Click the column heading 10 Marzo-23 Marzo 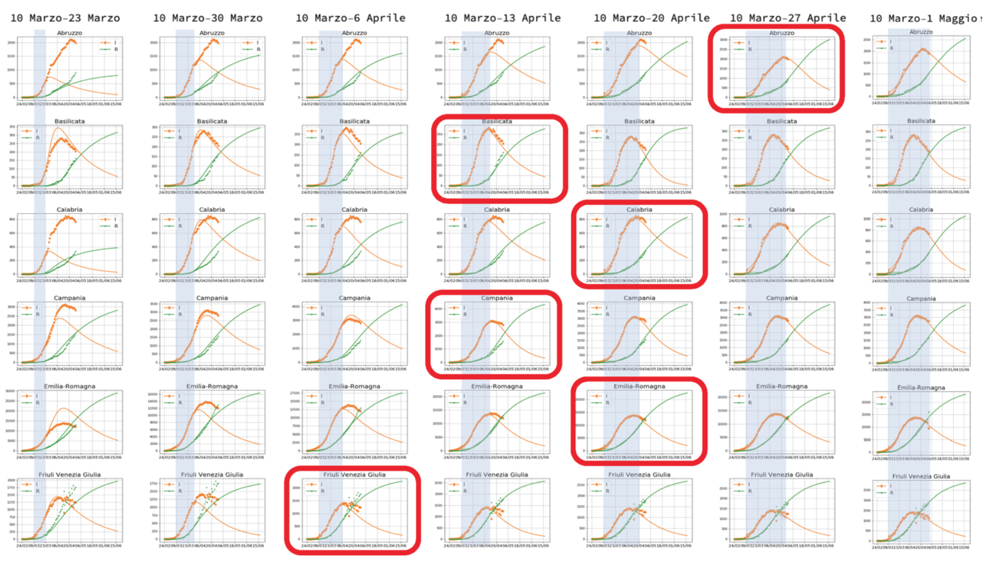pos(65,18)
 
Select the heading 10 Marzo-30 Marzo pos(208,18)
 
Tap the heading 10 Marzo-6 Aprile pos(350,18)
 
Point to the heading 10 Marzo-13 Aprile pos(503,18)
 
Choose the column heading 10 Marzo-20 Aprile pos(652,18)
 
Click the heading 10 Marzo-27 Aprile pos(788,18)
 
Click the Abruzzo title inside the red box pos(782,33)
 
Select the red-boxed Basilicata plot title pos(497,121)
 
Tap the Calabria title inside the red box pos(639,209)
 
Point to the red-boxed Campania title pos(497,298)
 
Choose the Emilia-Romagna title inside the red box pos(639,386)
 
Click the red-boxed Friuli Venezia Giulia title pos(354,475)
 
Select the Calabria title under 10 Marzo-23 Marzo pos(69,209)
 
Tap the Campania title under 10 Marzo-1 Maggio pos(921,299)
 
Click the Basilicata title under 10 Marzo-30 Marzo pos(212,121)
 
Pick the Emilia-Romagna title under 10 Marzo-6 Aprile pos(354,386)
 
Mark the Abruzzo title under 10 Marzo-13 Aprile pos(497,33)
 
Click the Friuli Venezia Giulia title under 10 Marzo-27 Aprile pos(782,475)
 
